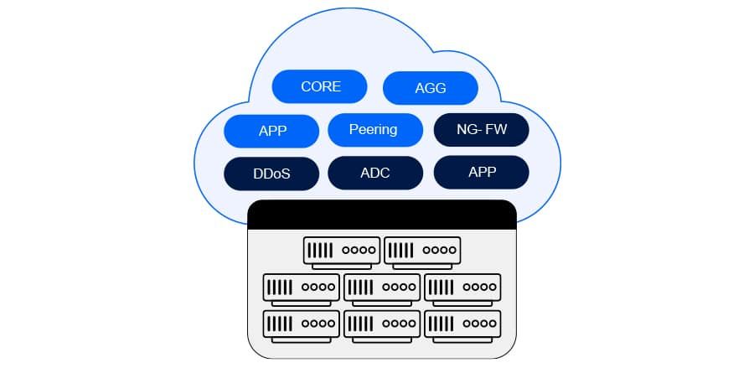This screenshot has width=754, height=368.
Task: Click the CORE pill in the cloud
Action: click(x=320, y=86)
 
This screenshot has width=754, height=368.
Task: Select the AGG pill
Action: click(x=431, y=88)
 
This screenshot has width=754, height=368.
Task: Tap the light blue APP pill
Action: click(x=272, y=132)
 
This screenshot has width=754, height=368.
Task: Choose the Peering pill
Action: click(x=374, y=130)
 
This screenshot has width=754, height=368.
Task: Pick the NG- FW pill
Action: click(x=482, y=130)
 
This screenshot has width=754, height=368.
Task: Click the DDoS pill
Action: click(x=272, y=174)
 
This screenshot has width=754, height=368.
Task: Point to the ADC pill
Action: click(x=374, y=174)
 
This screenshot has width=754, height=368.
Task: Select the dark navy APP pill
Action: click(x=482, y=172)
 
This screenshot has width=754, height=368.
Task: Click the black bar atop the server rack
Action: click(x=382, y=214)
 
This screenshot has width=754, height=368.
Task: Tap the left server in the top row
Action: click(x=342, y=250)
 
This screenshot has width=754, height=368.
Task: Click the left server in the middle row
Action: click(x=302, y=287)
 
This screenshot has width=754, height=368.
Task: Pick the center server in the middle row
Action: click(x=382, y=287)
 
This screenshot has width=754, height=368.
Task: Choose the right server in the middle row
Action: click(x=462, y=287)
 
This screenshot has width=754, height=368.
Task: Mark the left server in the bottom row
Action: click(x=302, y=323)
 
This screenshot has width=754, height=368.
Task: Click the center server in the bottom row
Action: click(x=382, y=323)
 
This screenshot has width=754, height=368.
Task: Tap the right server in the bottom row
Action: click(x=462, y=323)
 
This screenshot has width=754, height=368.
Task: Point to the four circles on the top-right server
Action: click(x=439, y=250)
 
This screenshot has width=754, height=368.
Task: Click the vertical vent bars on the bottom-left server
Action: click(x=280, y=323)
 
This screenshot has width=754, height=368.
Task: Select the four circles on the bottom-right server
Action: click(x=479, y=323)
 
